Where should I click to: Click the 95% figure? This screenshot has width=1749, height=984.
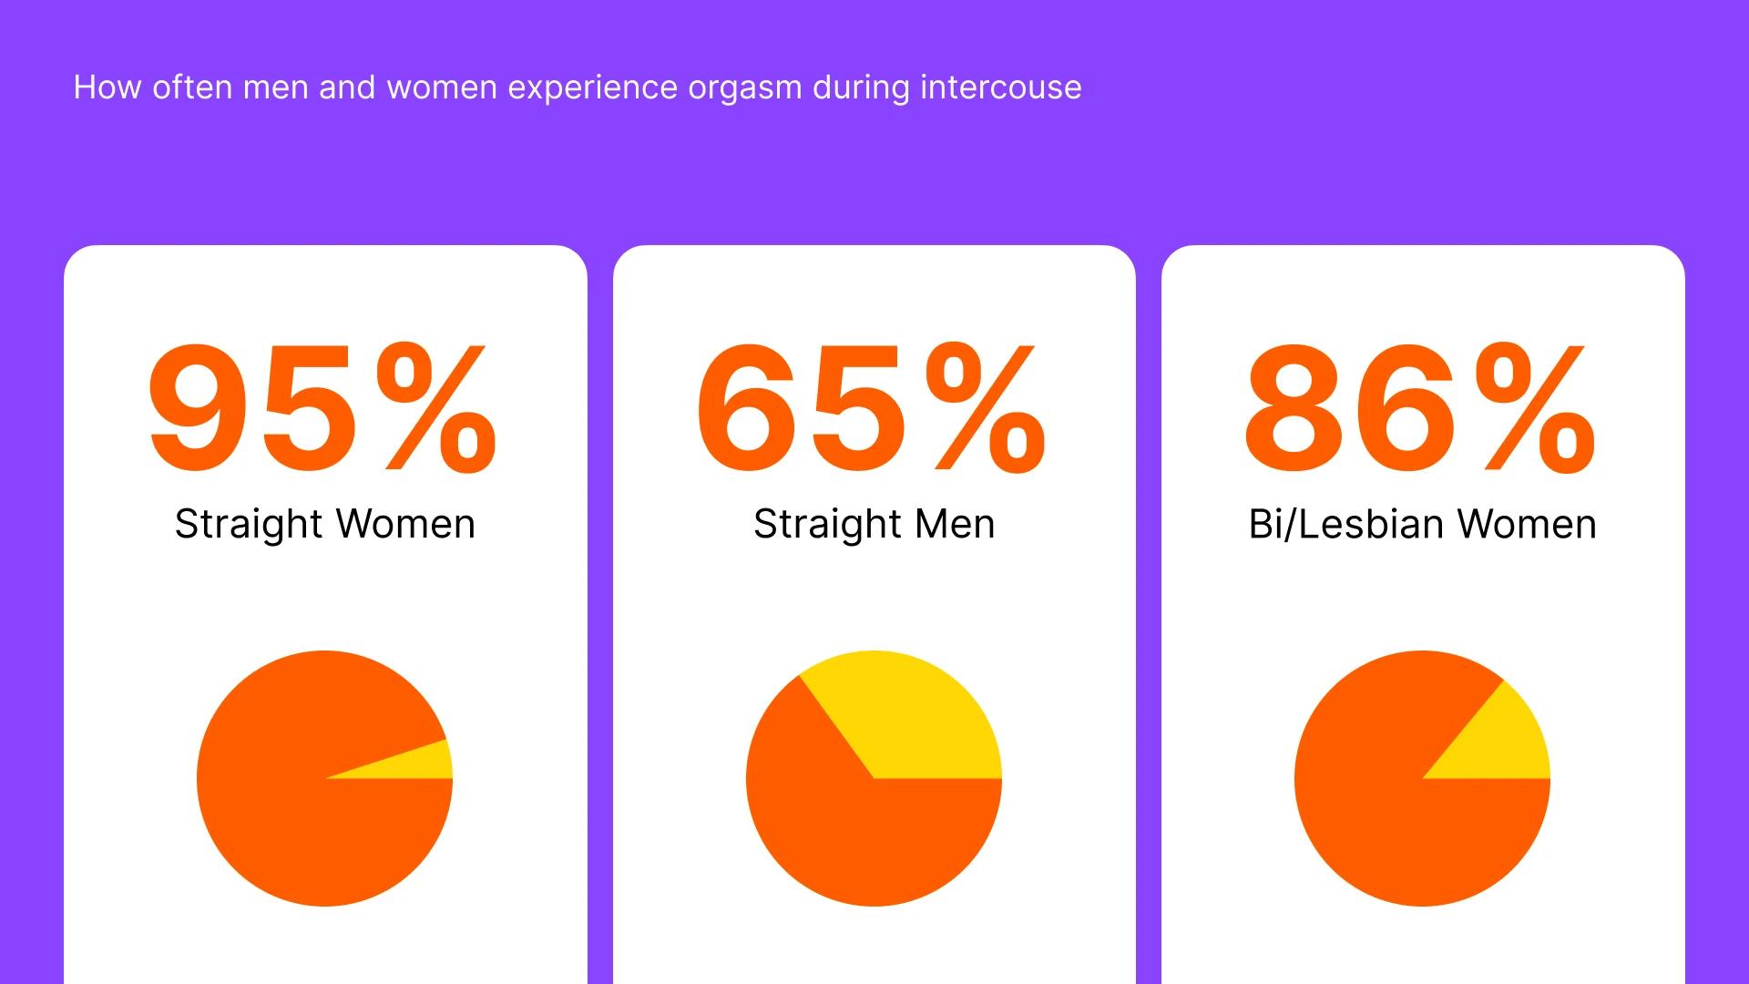[323, 408]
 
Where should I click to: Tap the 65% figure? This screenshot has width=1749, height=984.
[872, 408]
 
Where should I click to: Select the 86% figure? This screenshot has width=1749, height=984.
[1421, 408]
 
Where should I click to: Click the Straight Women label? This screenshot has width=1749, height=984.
[325, 525]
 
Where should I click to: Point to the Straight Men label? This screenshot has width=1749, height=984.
[874, 525]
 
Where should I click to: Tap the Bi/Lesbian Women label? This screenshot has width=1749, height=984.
[1423, 524]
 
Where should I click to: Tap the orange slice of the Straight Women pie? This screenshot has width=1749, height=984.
[291, 802]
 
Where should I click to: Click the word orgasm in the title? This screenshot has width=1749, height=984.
[745, 88]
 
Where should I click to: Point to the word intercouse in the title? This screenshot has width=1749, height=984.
[1001, 87]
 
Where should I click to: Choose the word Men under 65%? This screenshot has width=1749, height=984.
[955, 525]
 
